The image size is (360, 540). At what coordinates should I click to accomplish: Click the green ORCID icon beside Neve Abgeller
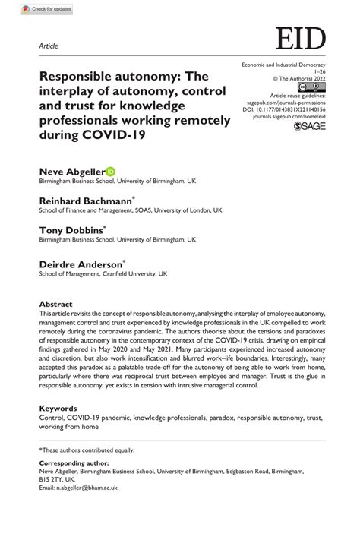tap(110, 172)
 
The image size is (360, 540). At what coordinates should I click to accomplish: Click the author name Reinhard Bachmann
tap(86, 200)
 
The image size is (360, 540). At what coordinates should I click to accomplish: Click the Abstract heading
tap(56, 302)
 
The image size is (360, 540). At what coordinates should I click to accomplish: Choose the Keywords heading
tap(58, 408)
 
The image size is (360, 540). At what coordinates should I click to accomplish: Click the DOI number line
tap(289, 109)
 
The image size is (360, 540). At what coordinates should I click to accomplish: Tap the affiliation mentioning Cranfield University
tap(103, 273)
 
